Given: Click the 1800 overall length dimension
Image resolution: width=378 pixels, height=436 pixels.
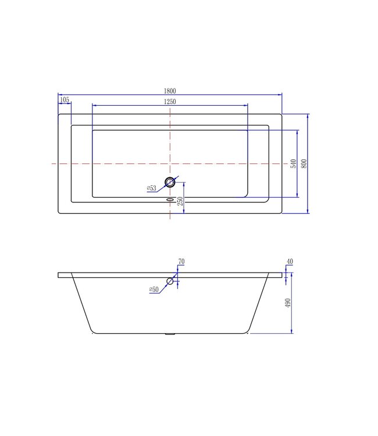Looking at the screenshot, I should (x=170, y=90).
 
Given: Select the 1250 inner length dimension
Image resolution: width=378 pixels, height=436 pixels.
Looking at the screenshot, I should (x=170, y=101).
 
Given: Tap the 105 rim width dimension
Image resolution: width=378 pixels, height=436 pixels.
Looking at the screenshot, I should (x=64, y=101).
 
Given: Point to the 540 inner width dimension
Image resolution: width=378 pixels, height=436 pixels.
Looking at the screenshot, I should (x=293, y=165).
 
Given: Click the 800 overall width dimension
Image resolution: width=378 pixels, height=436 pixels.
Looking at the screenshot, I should (x=304, y=164).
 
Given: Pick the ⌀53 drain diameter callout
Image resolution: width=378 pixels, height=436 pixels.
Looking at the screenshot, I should (x=151, y=188).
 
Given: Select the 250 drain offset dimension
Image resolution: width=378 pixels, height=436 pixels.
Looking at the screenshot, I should (x=180, y=201).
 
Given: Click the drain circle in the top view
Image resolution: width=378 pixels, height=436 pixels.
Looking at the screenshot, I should (x=170, y=182).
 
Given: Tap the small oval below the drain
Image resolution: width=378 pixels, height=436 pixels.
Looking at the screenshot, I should (x=170, y=199).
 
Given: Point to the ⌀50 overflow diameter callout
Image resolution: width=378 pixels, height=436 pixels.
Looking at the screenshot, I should (x=154, y=289).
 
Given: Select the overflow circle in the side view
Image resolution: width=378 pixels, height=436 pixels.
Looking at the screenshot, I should (x=170, y=281).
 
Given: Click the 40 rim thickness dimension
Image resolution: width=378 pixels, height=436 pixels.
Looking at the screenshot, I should (x=290, y=262).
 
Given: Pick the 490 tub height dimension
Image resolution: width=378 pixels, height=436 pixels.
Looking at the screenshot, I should (x=287, y=304).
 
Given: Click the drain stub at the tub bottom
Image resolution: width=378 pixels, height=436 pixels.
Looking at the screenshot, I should (x=170, y=334).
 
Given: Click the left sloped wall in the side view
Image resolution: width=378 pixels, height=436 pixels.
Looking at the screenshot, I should (x=81, y=305).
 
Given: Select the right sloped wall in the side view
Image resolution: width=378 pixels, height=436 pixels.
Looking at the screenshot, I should (x=259, y=305).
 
